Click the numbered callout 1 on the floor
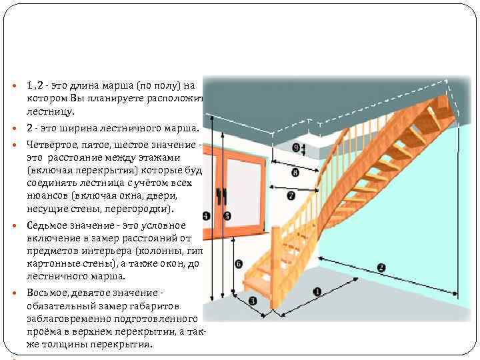tap(316, 291)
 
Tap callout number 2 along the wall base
tap(381, 268)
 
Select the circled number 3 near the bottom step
tap(253, 301)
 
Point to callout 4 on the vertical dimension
tap(206, 215)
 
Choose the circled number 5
tap(227, 215)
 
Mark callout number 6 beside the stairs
tap(238, 264)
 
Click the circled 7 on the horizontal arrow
tap(291, 196)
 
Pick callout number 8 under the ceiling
tap(295, 173)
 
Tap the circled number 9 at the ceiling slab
tap(296, 148)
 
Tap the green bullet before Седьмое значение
tap(17, 226)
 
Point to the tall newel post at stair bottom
tap(273, 267)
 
